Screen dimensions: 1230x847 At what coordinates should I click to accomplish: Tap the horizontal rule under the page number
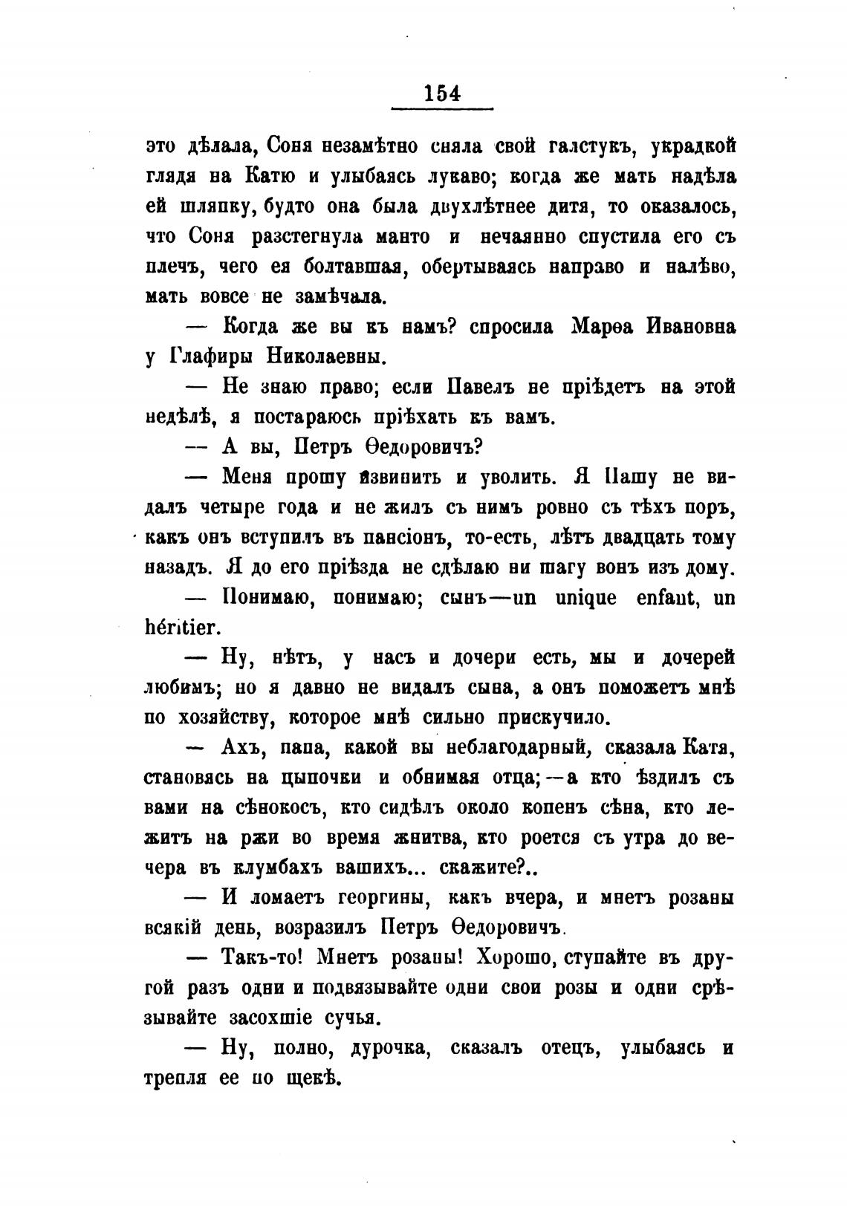[443, 110]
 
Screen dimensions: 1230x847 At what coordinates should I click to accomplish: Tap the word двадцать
[637, 538]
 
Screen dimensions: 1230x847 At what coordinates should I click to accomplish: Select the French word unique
[585, 598]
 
